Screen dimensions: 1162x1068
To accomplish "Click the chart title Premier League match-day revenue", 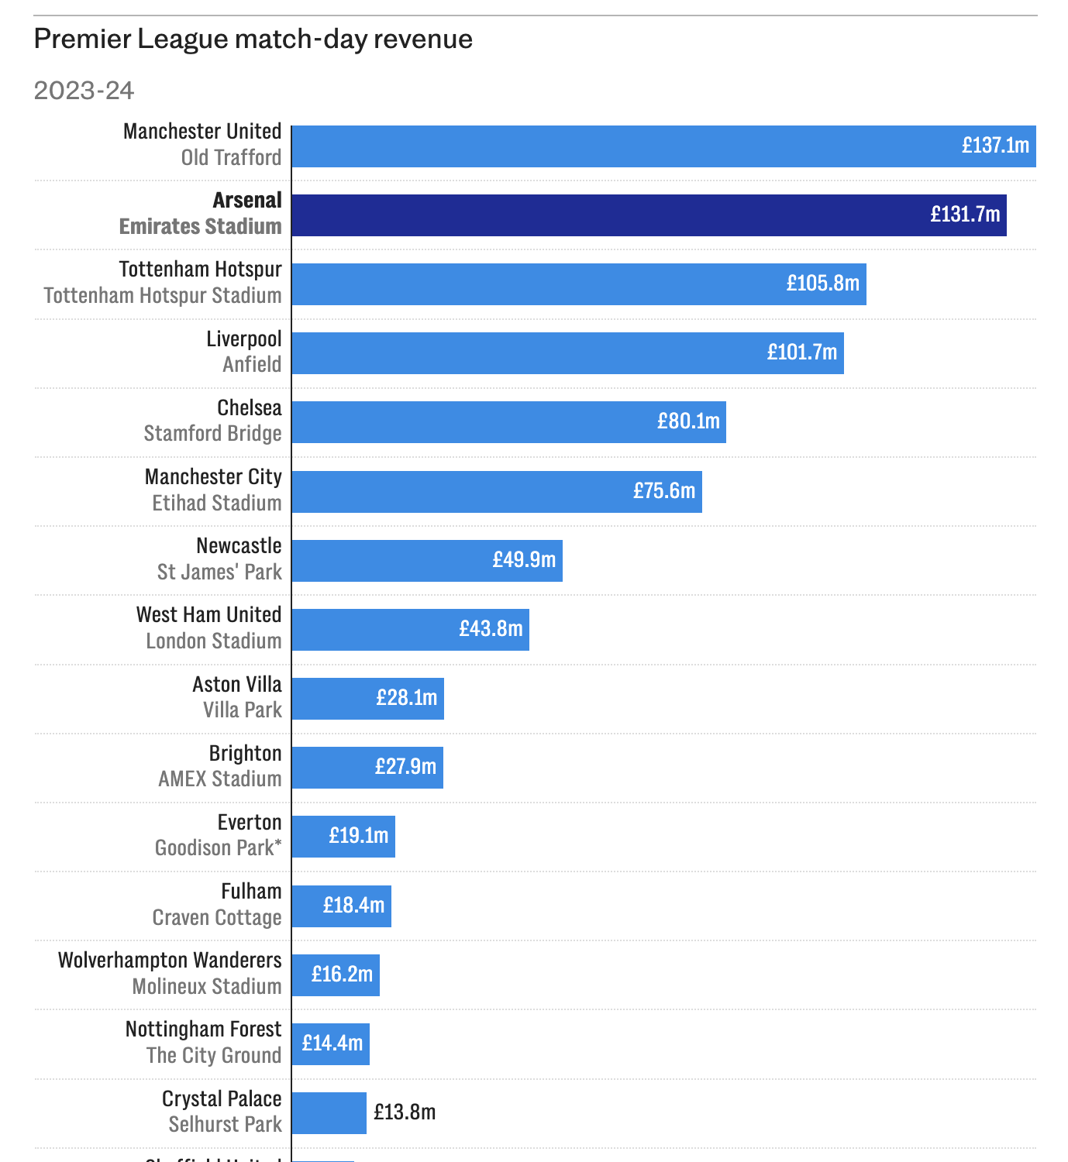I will pos(253,39).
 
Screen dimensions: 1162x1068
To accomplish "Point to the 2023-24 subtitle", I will pos(84,91).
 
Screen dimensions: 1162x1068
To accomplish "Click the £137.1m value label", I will pos(995,146).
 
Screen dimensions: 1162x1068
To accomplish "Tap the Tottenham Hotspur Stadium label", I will pos(163,296).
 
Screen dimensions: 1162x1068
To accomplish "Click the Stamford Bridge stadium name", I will pos(212,434).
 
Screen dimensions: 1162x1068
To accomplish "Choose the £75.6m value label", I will pos(664,491).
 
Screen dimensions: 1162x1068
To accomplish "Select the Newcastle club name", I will pos(239,546).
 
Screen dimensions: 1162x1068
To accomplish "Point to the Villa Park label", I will pos(242,710).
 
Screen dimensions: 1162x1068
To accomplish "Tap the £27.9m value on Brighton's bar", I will pos(405,767).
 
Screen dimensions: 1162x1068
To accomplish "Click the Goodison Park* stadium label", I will pos(218,848).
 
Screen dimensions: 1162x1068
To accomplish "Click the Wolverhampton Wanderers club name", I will pos(170,961).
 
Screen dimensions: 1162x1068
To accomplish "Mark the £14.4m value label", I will pos(332,1043).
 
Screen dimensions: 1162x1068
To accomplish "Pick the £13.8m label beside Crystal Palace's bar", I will pos(405,1112).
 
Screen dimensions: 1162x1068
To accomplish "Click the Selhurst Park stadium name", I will pos(225,1125).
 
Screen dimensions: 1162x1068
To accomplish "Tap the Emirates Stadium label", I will pos(200,227).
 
